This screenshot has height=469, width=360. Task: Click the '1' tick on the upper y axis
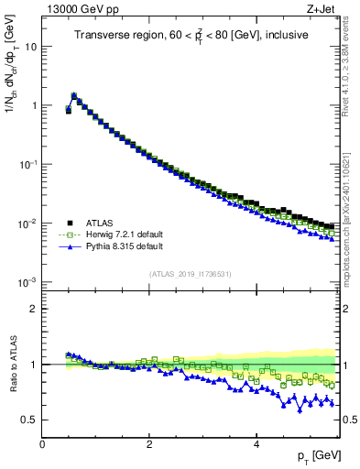tap(34, 105)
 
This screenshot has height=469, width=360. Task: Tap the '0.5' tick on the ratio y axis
tap(30, 420)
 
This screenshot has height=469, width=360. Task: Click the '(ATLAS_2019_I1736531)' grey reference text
tap(191, 275)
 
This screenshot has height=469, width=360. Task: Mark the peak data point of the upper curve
tap(74, 94)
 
